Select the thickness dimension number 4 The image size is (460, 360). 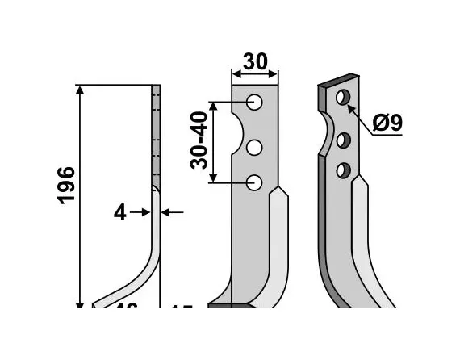[120, 213]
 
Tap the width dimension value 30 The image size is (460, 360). [255, 62]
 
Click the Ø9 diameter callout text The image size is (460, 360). [388, 123]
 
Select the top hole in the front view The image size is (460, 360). [255, 103]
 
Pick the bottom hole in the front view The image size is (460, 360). [255, 182]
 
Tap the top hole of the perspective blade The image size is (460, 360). [343, 98]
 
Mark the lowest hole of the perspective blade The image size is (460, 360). [343, 170]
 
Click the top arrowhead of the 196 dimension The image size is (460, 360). [80, 89]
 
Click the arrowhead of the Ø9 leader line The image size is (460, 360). [349, 104]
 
